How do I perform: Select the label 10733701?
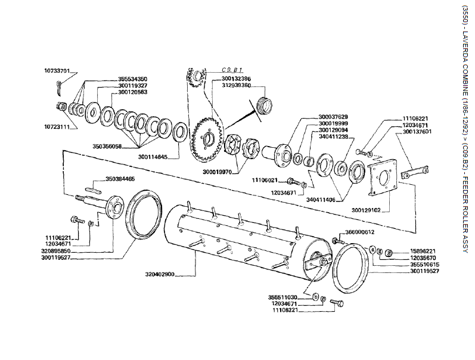coord(57,70)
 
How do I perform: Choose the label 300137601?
coord(417,132)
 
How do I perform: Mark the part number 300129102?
coord(366,210)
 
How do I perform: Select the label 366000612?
coord(360,232)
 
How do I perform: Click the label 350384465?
coord(120,179)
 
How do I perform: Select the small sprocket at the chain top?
coord(197,77)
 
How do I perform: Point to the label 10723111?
coord(57,126)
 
